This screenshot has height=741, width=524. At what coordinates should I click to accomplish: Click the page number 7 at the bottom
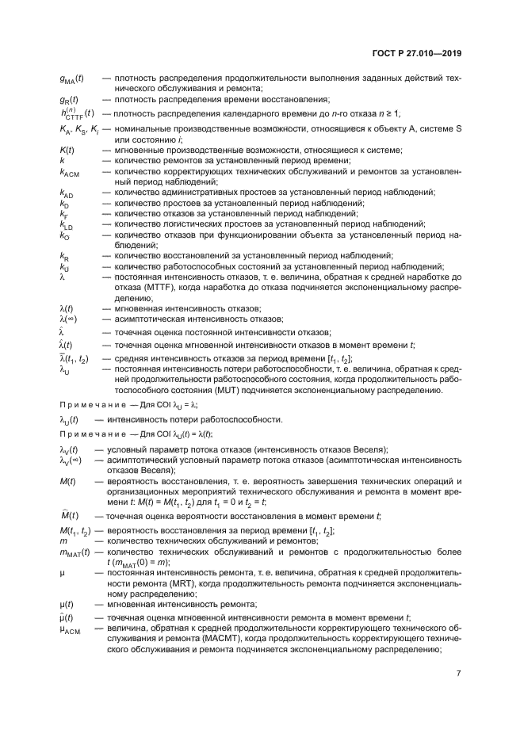click(x=459, y=674)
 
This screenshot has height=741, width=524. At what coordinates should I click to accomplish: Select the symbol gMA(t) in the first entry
click(x=73, y=79)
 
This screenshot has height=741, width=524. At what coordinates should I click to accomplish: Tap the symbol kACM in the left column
click(x=70, y=171)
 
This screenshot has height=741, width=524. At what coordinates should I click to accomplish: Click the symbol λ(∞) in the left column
click(x=68, y=319)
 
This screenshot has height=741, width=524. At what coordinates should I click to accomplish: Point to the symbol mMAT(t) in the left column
click(x=73, y=552)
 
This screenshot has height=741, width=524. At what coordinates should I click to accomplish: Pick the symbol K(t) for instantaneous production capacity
click(x=67, y=149)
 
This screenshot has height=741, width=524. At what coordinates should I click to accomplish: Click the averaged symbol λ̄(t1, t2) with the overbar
click(x=74, y=360)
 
